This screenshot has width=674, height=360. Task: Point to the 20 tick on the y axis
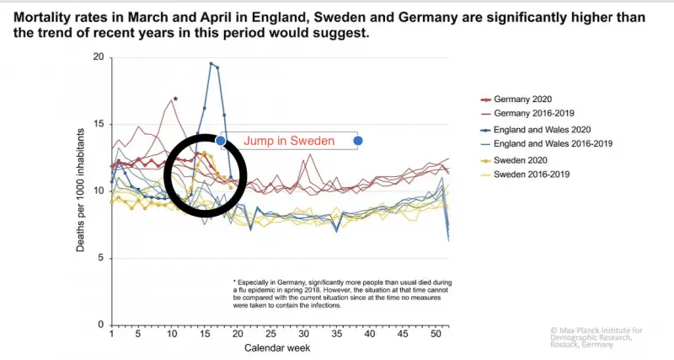click(x=99, y=57)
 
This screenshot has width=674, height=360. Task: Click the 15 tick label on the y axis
click(x=99, y=124)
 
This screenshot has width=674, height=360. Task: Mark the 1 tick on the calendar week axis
click(x=112, y=335)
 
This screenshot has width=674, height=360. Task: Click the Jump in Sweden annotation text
click(x=289, y=141)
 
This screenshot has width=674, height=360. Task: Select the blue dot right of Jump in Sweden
click(x=358, y=141)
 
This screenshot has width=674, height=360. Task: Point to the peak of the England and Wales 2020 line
click(x=211, y=63)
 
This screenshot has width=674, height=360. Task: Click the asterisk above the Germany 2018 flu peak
click(x=175, y=100)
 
